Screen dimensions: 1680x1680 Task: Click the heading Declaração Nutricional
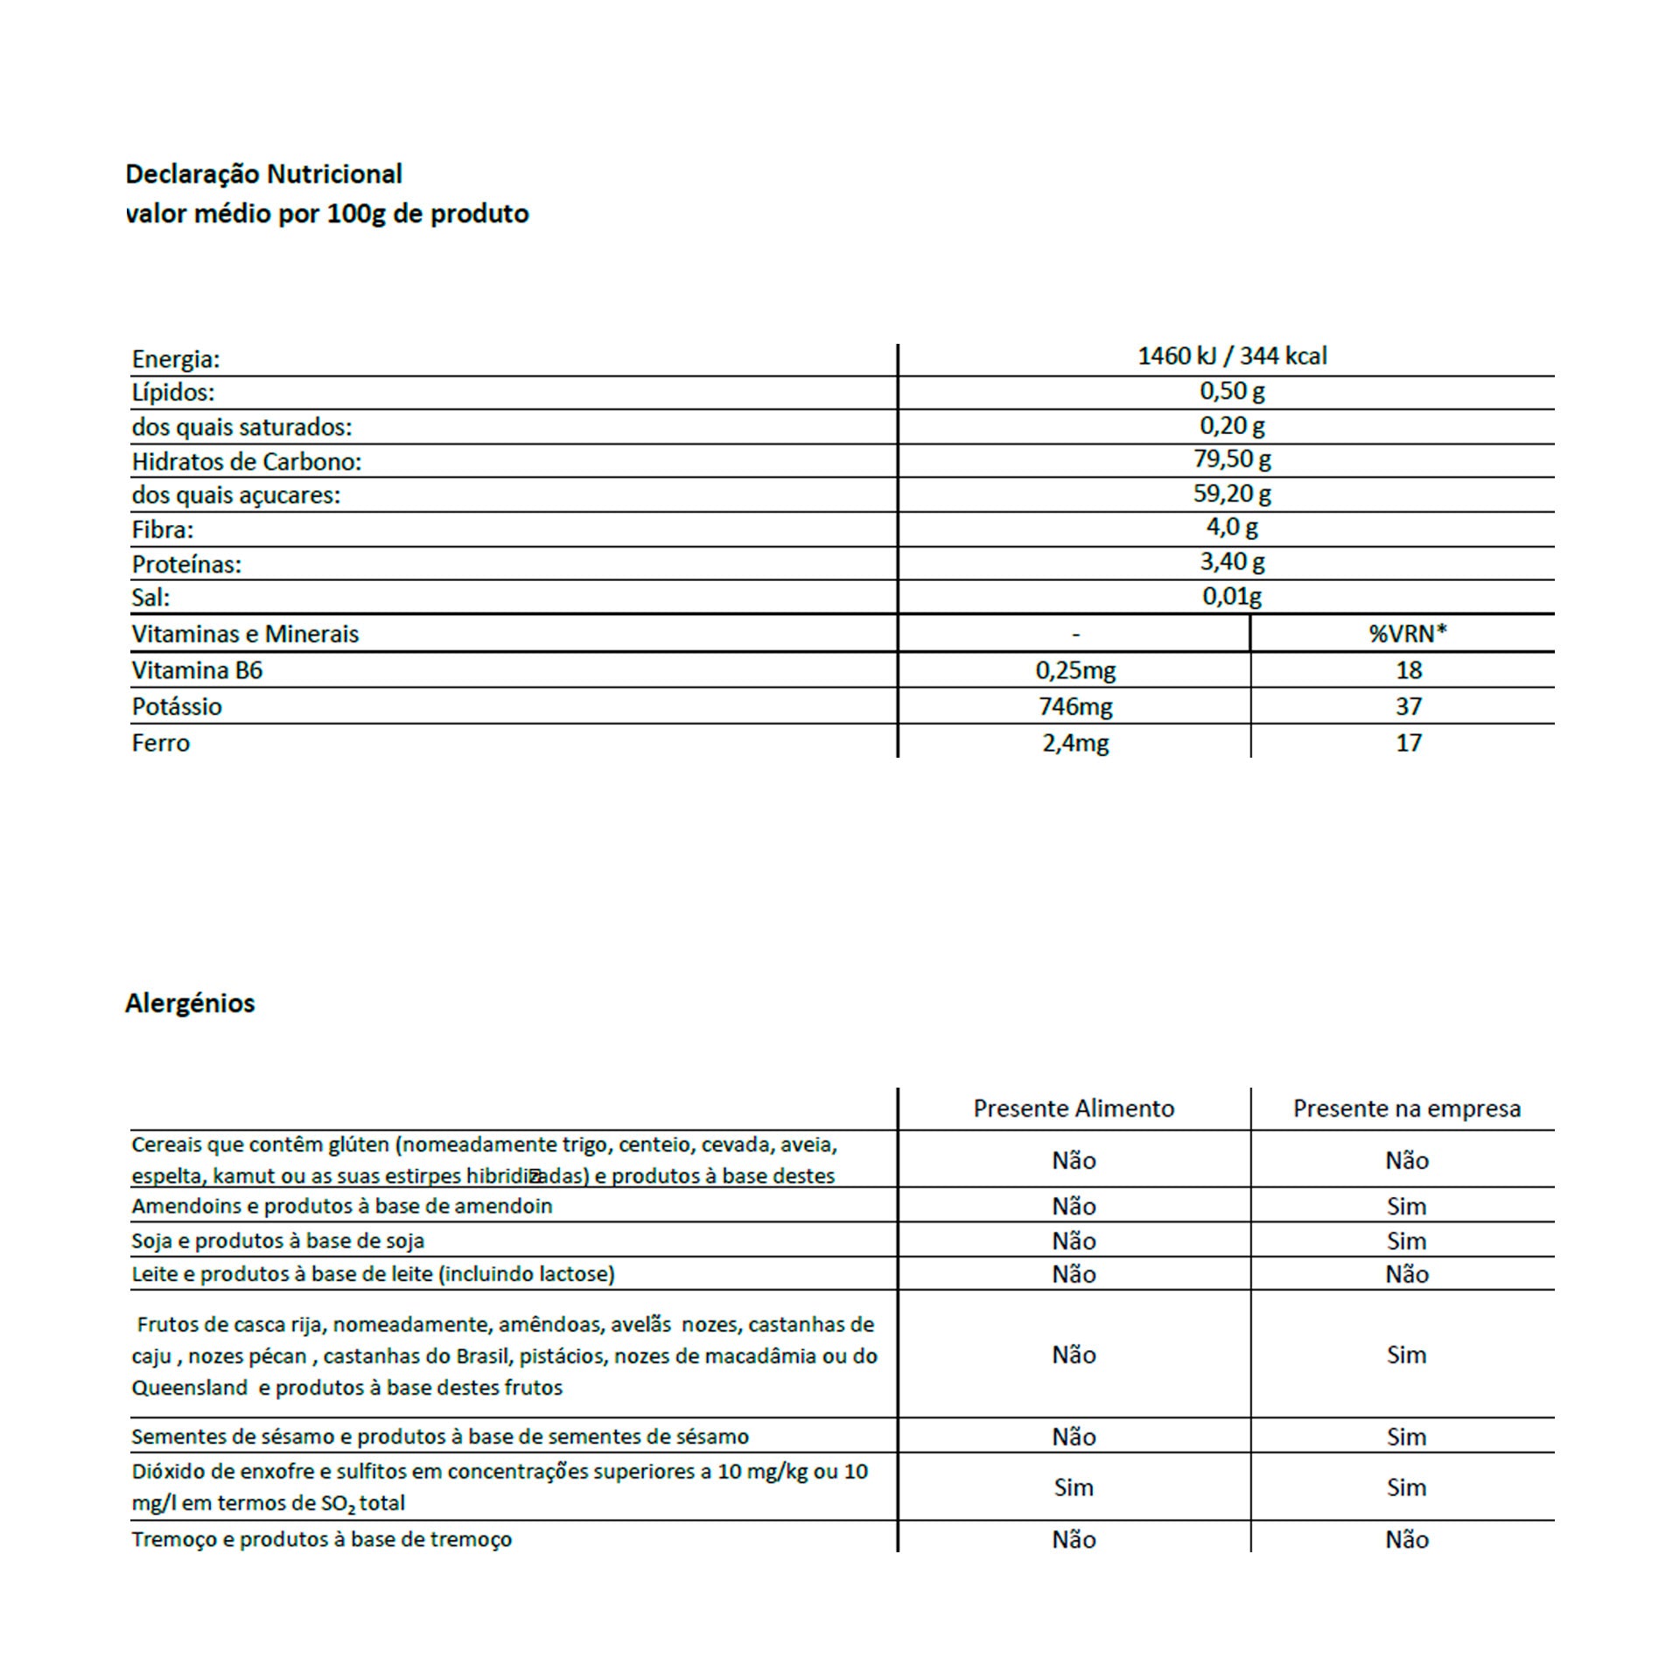(x=263, y=174)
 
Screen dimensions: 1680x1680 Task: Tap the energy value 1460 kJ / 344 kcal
(x=1231, y=356)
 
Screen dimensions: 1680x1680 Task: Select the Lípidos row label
(x=173, y=392)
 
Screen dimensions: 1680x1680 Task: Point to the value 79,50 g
(x=1231, y=459)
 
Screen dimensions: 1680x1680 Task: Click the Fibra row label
(x=163, y=529)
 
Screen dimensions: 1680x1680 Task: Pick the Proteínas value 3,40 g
(x=1231, y=562)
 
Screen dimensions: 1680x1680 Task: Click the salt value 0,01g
(x=1231, y=597)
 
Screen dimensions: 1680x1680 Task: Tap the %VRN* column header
(x=1407, y=633)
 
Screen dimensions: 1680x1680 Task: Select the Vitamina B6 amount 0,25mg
(x=1075, y=670)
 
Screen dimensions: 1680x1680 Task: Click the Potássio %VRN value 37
(x=1408, y=706)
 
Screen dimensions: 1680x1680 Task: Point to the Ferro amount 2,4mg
(x=1075, y=743)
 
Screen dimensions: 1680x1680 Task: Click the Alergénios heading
(x=190, y=1003)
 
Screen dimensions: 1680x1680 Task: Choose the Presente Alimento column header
(x=1074, y=1109)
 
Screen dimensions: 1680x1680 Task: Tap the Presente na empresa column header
(x=1406, y=1109)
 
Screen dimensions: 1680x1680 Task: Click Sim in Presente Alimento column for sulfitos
(x=1074, y=1487)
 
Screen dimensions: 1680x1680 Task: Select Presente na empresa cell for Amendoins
(x=1406, y=1207)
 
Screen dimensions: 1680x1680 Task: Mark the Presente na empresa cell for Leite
(x=1406, y=1275)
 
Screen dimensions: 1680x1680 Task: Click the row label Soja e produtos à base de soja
(x=277, y=1241)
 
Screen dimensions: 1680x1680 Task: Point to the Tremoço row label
(x=321, y=1539)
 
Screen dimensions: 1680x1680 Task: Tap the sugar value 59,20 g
(x=1231, y=493)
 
